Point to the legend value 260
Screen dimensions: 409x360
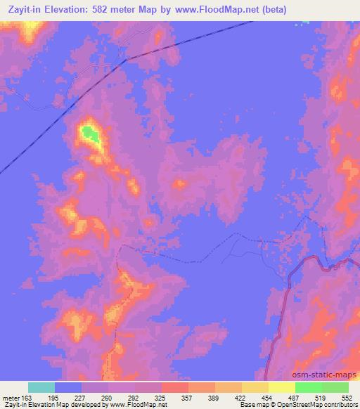pyautogui.click(x=108, y=397)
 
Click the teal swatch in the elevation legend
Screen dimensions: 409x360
pyautogui.click(x=41, y=387)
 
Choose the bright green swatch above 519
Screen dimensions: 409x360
pyautogui.click(x=309, y=387)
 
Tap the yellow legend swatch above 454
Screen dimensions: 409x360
pyautogui.click(x=255, y=387)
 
